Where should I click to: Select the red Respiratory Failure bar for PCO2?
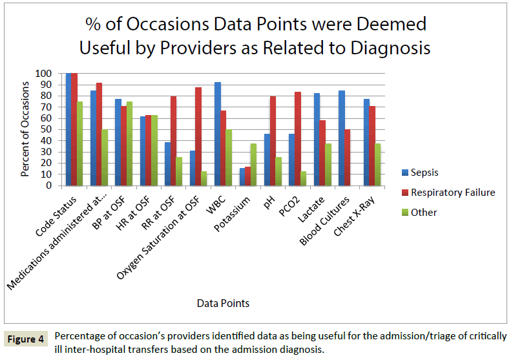(x=298, y=138)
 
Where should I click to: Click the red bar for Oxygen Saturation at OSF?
(x=198, y=136)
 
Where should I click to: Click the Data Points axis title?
(x=224, y=302)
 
